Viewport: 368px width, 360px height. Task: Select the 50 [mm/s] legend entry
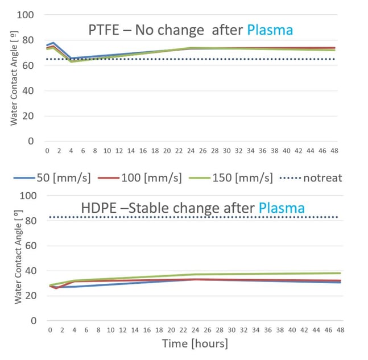(x=57, y=178)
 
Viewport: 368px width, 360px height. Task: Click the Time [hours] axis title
(x=195, y=344)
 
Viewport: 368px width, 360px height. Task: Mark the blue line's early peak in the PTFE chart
(x=53, y=43)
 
